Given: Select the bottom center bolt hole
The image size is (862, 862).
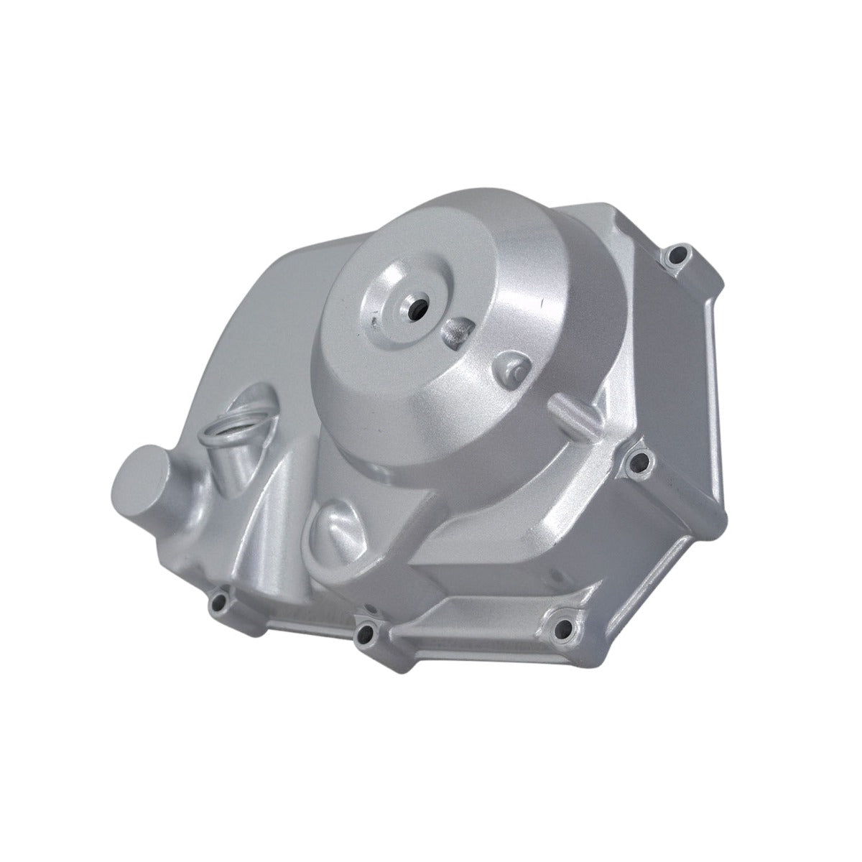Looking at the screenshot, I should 369,632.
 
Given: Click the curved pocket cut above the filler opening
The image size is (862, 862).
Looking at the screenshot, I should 259,399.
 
